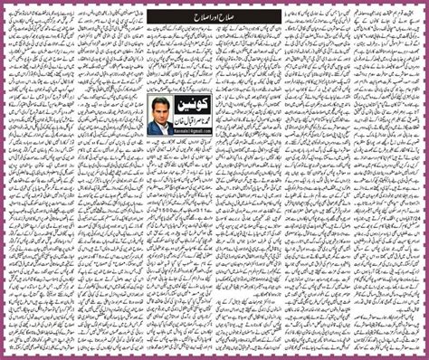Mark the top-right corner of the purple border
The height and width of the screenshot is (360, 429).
click(x=426, y=2)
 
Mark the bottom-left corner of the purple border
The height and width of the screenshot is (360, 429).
click(x=2, y=357)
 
